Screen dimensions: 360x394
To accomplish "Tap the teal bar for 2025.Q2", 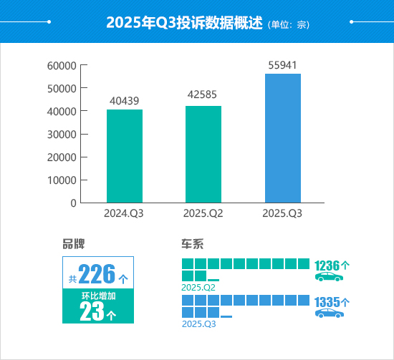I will click(203, 154).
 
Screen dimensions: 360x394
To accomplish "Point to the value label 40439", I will click(125, 101).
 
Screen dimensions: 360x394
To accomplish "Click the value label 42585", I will click(203, 97).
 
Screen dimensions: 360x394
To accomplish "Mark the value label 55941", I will click(283, 64).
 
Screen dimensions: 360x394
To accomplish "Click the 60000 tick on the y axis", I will click(62, 66).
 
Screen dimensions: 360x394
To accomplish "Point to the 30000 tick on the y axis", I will click(62, 135).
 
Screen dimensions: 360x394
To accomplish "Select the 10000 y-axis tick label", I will click(62, 180).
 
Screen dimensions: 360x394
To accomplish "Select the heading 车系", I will click(193, 243).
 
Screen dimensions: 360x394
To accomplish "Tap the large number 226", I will click(97, 274).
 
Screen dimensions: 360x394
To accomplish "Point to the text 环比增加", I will click(98, 296).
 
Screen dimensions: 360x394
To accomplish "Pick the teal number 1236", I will click(328, 265).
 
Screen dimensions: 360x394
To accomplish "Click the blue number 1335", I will click(328, 302).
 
